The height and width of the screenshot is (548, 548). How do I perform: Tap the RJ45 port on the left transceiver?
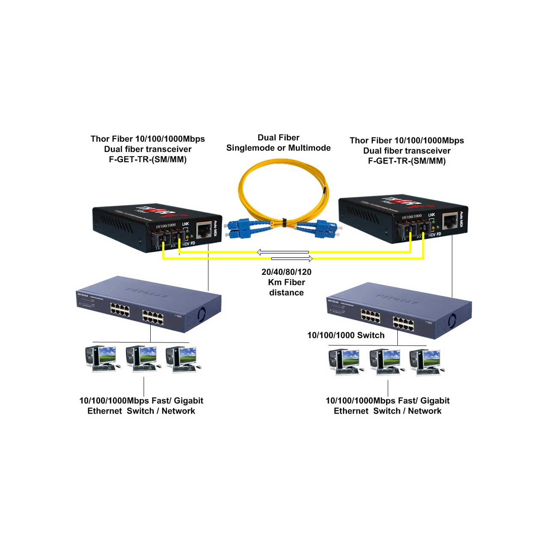click(x=205, y=230)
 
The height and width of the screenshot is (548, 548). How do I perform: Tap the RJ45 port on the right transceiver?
click(x=450, y=221)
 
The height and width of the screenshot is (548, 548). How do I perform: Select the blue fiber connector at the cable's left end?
click(x=238, y=228)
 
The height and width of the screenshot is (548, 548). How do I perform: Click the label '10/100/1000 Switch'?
click(x=346, y=335)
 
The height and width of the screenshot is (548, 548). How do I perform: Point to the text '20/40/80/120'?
click(x=286, y=272)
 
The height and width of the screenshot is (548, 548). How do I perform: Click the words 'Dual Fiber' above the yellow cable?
click(x=278, y=137)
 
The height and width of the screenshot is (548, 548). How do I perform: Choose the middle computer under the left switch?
click(x=141, y=358)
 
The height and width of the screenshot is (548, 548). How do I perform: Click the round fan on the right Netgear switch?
click(x=452, y=320)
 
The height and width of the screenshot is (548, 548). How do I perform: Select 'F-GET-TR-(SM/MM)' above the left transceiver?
click(x=148, y=160)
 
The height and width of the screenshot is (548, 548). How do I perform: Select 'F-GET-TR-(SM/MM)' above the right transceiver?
click(x=407, y=161)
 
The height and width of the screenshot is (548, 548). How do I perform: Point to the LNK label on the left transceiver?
click(x=185, y=224)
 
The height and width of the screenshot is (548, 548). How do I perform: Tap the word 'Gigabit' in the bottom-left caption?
click(x=188, y=401)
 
